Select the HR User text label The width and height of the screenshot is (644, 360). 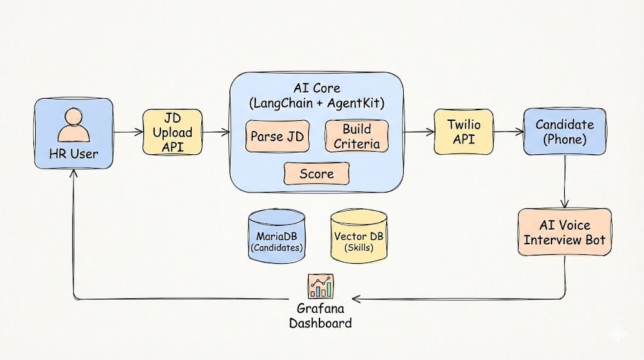pyautogui.click(x=74, y=152)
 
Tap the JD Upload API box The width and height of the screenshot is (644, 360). pyautogui.click(x=173, y=132)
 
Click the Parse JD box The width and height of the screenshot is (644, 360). pyautogui.click(x=277, y=137)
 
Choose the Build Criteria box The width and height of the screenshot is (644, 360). pyautogui.click(x=357, y=137)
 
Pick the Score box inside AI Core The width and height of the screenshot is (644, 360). pyautogui.click(x=316, y=174)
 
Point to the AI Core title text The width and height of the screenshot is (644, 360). pyautogui.click(x=316, y=94)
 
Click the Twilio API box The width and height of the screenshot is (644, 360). pyautogui.click(x=464, y=132)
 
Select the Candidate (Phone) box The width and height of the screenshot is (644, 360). pyautogui.click(x=564, y=132)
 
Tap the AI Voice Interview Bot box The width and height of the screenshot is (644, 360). pyautogui.click(x=564, y=232)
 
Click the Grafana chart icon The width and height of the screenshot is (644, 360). pyautogui.click(x=320, y=286)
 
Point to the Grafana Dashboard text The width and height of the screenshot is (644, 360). pyautogui.click(x=320, y=316)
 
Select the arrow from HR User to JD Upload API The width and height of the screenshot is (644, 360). pyautogui.click(x=128, y=132)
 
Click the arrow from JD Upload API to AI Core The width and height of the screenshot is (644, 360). pyautogui.click(x=216, y=132)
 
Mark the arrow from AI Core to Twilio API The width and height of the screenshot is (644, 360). pyautogui.click(x=418, y=132)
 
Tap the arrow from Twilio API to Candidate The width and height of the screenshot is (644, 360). pyautogui.click(x=509, y=132)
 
